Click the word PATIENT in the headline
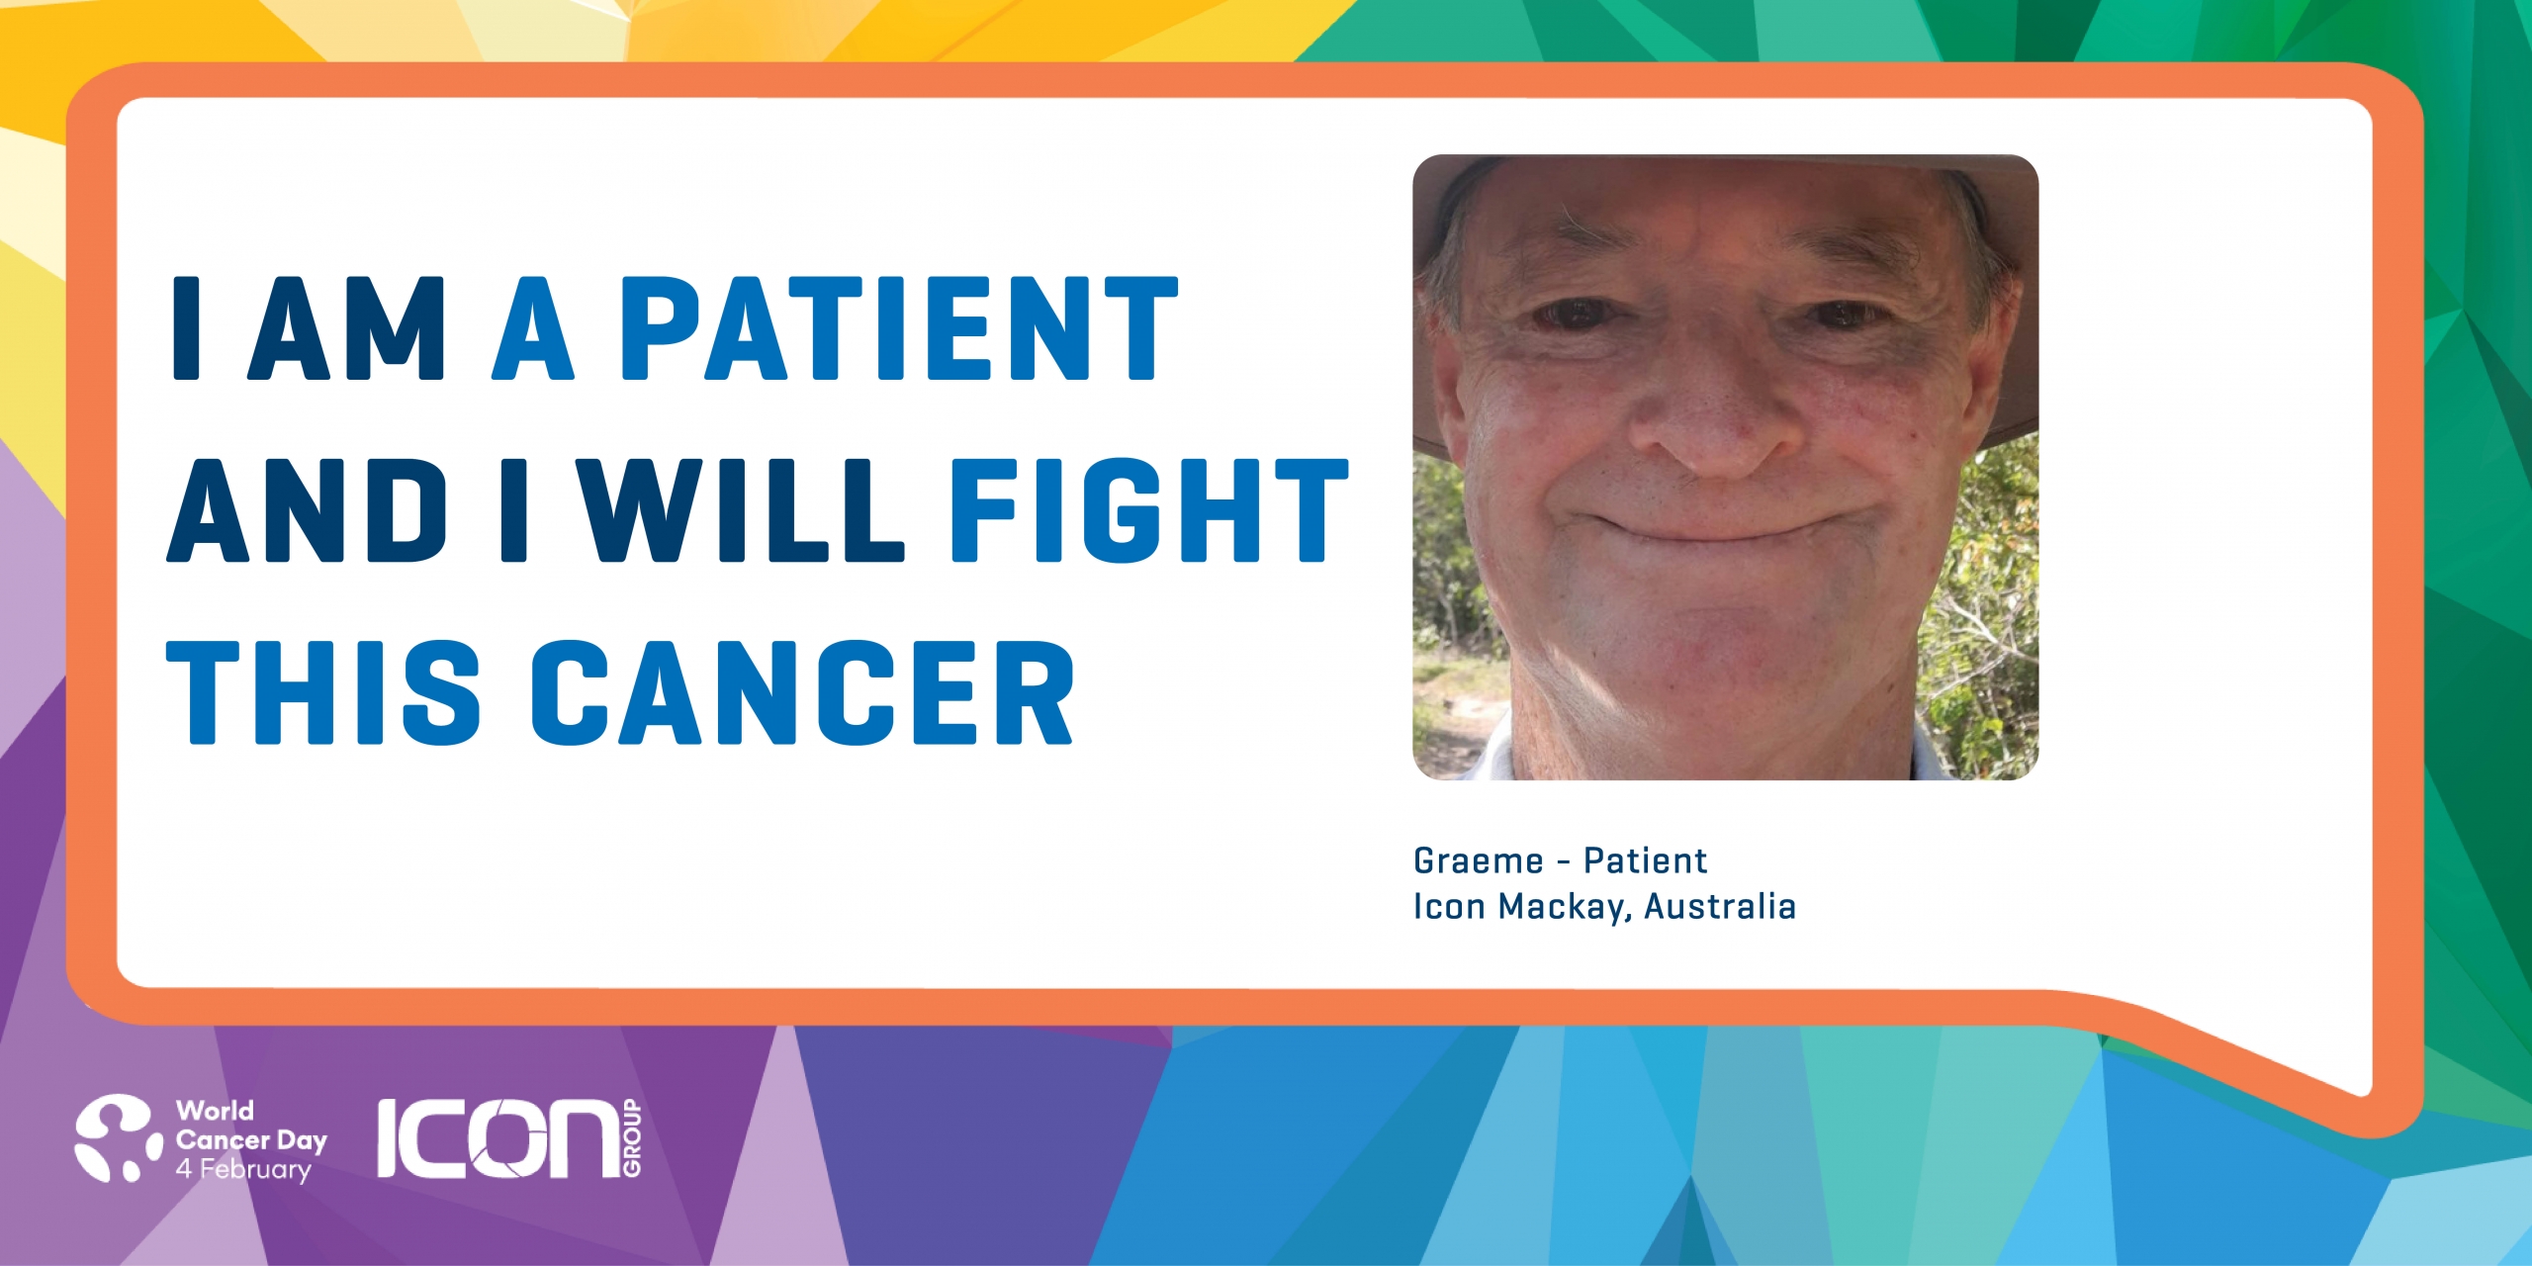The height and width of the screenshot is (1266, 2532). [x=899, y=328]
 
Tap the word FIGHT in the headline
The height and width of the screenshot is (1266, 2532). [x=1149, y=510]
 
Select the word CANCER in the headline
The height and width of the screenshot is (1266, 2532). [x=802, y=692]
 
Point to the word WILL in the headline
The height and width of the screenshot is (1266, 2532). [x=740, y=510]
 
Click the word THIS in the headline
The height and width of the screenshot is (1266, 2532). [x=323, y=692]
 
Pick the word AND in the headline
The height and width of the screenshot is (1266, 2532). [x=307, y=510]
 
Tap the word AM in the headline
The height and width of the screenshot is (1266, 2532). [x=346, y=328]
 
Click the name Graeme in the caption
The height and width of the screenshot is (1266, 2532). [x=1479, y=861]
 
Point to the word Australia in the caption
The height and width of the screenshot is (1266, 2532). [x=1720, y=906]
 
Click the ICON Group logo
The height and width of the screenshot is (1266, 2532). [x=509, y=1138]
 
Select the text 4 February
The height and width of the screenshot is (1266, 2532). [x=243, y=1170]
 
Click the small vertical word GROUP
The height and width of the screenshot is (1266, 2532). [x=632, y=1138]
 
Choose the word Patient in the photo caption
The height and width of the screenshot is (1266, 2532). [x=1646, y=861]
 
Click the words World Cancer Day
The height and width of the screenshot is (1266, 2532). [x=251, y=1126]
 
